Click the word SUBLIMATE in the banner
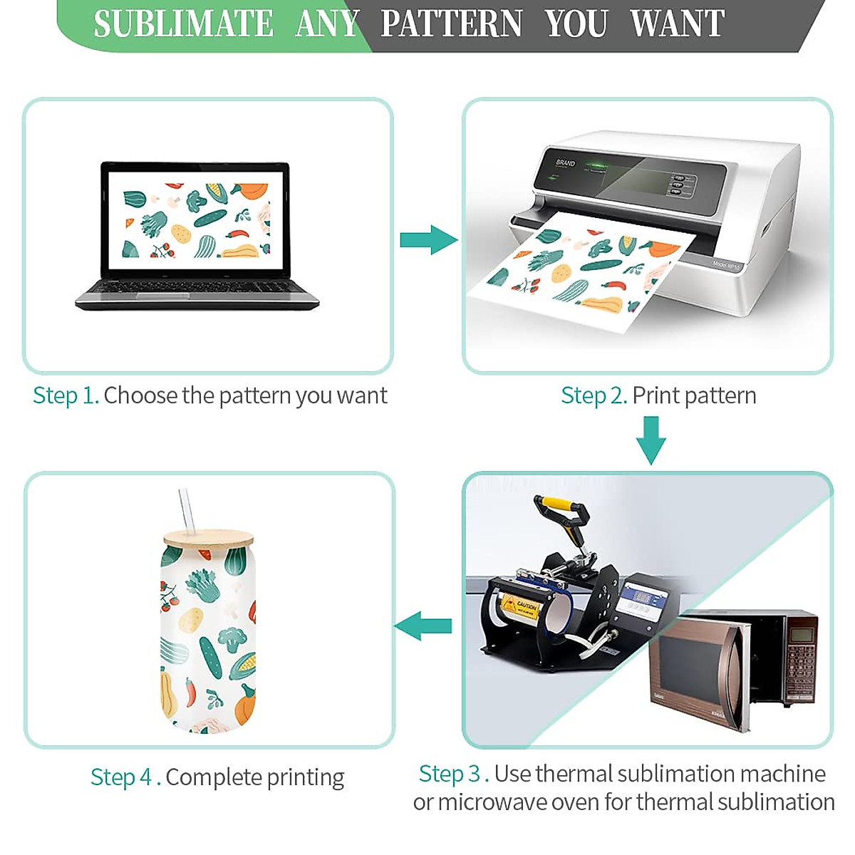(x=183, y=24)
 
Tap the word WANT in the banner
(x=677, y=24)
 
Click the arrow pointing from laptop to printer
(x=427, y=239)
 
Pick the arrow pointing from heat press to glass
(x=423, y=626)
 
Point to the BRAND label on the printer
(x=565, y=163)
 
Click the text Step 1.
(x=66, y=395)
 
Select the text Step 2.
(x=594, y=395)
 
